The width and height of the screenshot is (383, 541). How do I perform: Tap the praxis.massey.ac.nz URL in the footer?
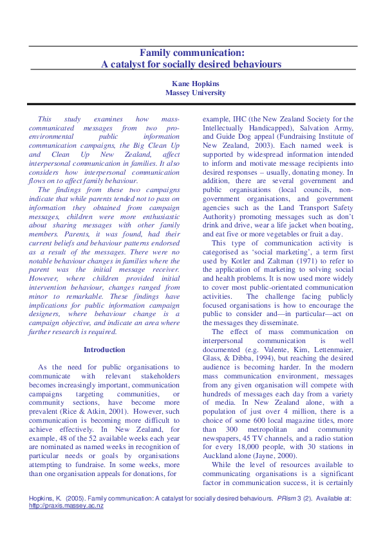(67, 506)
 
